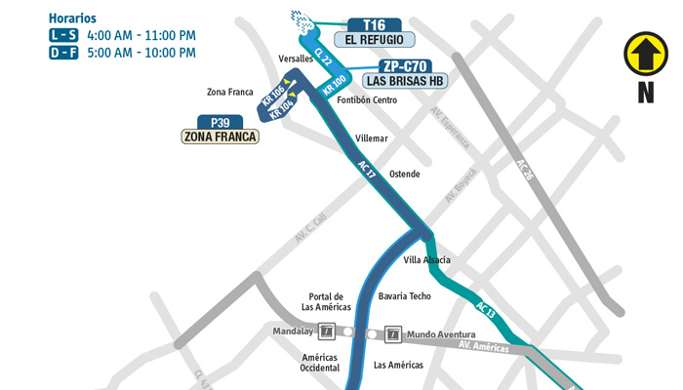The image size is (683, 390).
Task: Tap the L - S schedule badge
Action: pyautogui.click(x=61, y=36)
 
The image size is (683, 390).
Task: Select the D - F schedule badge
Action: pyautogui.click(x=61, y=54)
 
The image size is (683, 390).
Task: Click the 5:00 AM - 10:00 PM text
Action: pyautogui.click(x=141, y=54)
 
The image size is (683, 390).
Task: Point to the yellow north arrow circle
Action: pyautogui.click(x=645, y=55)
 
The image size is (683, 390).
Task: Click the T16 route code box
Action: pyautogui.click(x=374, y=24)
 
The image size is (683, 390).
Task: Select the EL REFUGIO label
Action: pyautogui.click(x=375, y=40)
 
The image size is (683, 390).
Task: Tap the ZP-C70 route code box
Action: pyautogui.click(x=406, y=66)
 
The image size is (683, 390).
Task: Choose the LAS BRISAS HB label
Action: pyautogui.click(x=407, y=81)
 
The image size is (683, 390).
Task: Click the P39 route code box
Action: pyautogui.click(x=220, y=123)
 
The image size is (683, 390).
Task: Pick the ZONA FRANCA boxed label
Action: pyautogui.click(x=221, y=137)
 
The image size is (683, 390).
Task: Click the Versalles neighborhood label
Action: pyautogui.click(x=296, y=58)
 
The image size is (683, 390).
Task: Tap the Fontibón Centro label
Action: pyautogui.click(x=366, y=100)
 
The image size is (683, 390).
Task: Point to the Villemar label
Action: pyautogui.click(x=372, y=138)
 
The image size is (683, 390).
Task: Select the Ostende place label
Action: pyautogui.click(x=404, y=175)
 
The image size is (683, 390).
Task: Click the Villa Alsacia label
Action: pyautogui.click(x=427, y=260)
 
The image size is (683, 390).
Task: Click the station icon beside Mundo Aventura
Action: pyautogui.click(x=392, y=333)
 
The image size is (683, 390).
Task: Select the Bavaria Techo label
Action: pyautogui.click(x=404, y=295)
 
